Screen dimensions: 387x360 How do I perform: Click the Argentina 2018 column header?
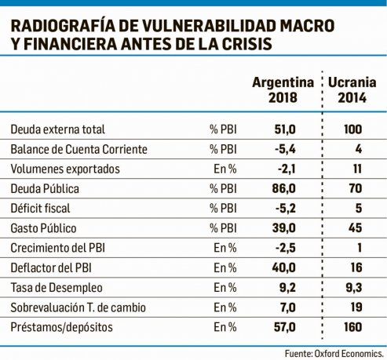(x=283, y=90)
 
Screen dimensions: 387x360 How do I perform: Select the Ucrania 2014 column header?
(x=352, y=90)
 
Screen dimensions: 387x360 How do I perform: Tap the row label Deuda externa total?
(x=57, y=129)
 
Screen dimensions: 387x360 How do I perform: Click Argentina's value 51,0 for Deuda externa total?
(x=285, y=129)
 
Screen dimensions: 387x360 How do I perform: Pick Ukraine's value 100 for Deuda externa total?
(x=353, y=129)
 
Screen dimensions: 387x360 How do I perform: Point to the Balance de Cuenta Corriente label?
(x=78, y=149)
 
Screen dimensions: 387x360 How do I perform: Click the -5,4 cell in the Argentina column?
(x=285, y=149)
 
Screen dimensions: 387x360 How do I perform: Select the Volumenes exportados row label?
(x=65, y=169)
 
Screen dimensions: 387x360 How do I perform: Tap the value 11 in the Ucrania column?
(x=357, y=169)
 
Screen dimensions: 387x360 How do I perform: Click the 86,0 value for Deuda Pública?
(x=284, y=188)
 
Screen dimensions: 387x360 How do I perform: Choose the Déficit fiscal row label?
(x=40, y=209)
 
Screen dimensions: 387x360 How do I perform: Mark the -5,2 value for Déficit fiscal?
(x=286, y=209)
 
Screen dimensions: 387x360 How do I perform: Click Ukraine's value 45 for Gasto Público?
(x=356, y=228)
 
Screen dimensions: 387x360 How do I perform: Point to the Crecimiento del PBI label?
(x=58, y=248)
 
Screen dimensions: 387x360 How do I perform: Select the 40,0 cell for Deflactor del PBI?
(x=284, y=267)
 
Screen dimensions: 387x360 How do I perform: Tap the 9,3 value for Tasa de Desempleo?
(x=354, y=288)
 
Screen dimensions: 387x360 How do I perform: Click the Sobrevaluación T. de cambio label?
(x=78, y=307)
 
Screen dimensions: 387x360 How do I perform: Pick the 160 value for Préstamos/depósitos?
(x=353, y=327)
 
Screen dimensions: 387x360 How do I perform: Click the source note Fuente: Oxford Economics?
(x=334, y=354)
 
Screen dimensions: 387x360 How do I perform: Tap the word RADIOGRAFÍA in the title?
(x=63, y=26)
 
